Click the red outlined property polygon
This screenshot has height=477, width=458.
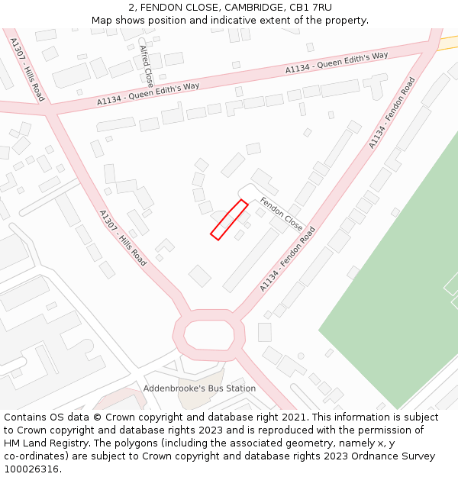point(229,220)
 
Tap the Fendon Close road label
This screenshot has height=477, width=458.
point(281,214)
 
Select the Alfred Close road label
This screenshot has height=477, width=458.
point(146,65)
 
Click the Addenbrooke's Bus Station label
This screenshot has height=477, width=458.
point(199,388)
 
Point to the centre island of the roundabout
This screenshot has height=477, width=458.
point(208,334)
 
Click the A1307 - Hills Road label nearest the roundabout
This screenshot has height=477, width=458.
point(122,238)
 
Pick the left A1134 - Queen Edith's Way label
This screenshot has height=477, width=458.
point(148,94)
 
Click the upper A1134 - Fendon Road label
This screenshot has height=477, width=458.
point(391,113)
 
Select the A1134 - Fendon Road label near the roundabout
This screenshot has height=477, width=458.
point(287,259)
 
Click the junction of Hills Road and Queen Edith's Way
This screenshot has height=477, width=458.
point(52,111)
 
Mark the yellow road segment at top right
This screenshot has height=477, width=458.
point(449,43)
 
